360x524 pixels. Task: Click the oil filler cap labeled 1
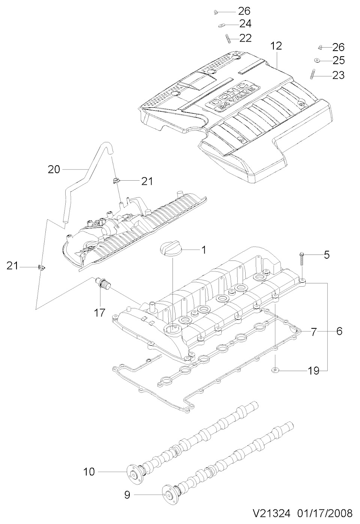click(170, 250)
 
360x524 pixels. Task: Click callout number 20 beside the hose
click(54, 169)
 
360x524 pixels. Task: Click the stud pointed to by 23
click(312, 74)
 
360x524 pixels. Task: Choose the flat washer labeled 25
click(317, 60)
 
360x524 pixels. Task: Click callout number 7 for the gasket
click(313, 331)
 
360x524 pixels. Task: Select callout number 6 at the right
click(339, 331)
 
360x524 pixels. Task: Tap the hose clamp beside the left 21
click(41, 266)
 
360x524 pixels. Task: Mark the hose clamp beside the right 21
click(116, 180)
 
